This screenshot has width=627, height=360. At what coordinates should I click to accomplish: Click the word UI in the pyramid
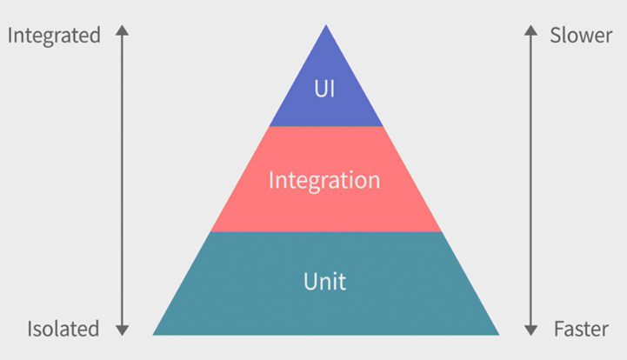(x=325, y=88)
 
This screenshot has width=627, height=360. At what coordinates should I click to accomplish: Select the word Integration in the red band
(x=324, y=180)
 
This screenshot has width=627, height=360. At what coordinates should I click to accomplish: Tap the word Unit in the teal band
(x=324, y=282)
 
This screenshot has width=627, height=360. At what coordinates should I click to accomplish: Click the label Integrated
(x=54, y=36)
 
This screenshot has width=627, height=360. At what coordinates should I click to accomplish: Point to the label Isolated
(x=63, y=329)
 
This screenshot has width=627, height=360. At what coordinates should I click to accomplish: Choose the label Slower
(x=582, y=36)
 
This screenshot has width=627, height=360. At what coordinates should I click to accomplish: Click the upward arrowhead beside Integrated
(x=123, y=30)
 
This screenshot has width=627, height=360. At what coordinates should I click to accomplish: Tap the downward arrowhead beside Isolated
(x=123, y=330)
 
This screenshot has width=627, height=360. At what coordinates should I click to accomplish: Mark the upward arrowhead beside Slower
(x=530, y=30)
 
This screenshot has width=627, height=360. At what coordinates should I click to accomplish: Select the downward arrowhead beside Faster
(x=530, y=330)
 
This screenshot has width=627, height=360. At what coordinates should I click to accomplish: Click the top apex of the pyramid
(x=326, y=26)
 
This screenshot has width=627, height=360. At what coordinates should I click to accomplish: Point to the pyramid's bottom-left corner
(x=155, y=334)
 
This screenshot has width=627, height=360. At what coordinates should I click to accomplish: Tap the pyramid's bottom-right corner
(x=497, y=334)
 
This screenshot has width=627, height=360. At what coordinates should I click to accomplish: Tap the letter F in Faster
(x=558, y=329)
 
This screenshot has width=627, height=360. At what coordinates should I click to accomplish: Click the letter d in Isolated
(x=93, y=329)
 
